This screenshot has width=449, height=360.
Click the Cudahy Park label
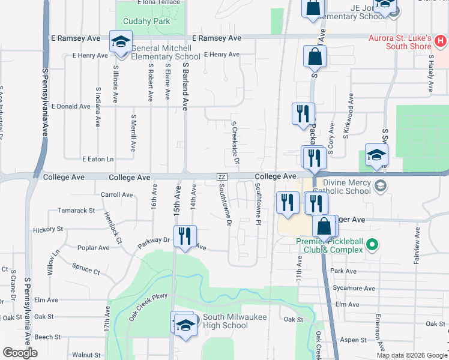(146, 22)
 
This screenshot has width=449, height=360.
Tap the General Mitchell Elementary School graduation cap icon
(121, 43)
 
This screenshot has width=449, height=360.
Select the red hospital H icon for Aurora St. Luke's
(441, 42)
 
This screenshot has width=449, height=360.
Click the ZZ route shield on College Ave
(221, 176)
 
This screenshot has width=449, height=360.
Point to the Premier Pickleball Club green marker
(372, 244)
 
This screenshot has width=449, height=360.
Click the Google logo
(20, 353)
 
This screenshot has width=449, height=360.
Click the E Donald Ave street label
(71, 106)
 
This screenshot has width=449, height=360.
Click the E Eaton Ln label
(97, 159)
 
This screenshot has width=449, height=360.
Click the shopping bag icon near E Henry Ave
(315, 58)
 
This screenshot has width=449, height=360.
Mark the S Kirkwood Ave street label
(347, 124)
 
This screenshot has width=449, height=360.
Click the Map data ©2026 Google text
(412, 355)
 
